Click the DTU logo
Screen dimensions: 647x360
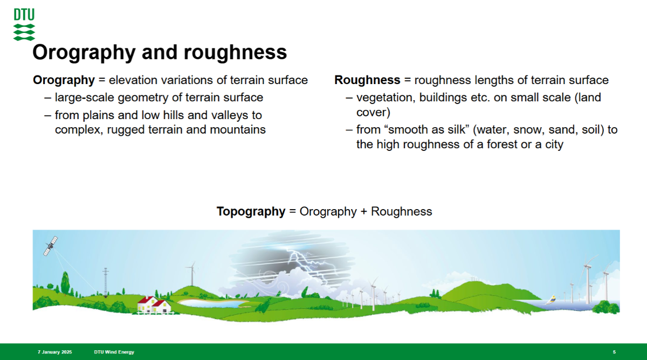24,24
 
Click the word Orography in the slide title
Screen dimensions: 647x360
84,52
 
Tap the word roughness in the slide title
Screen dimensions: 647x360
236,52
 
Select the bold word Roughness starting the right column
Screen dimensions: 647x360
367,80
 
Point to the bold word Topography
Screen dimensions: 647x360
251,212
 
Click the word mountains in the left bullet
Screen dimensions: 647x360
238,130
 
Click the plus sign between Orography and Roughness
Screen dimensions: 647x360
364,212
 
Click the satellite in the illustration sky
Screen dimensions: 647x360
51,246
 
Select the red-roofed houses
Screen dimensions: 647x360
154,304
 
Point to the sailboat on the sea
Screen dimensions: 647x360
550,300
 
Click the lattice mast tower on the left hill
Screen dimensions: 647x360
106,282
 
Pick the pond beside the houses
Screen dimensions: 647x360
212,303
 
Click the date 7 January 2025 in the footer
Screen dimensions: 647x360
55,352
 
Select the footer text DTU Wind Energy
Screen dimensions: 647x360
114,352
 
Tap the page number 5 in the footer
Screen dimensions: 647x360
614,352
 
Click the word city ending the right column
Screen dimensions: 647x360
554,144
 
